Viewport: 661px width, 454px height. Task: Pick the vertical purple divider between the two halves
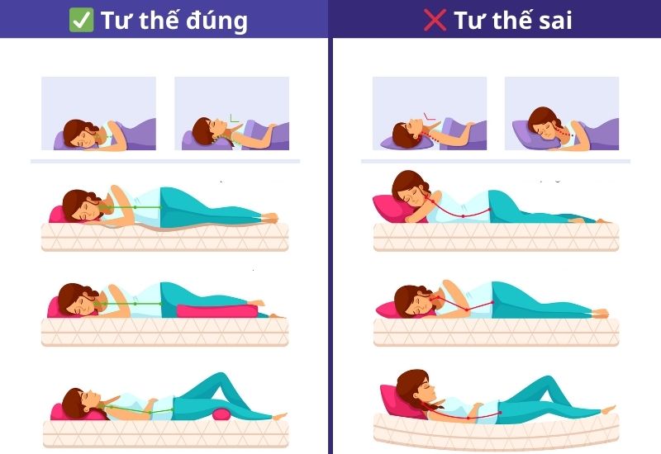coord(330,248)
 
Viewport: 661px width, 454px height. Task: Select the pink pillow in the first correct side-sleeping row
coord(57,215)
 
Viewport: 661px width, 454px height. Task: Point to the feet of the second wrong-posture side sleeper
coord(602,313)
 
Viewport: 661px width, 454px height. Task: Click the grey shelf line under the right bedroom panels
coord(496,161)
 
